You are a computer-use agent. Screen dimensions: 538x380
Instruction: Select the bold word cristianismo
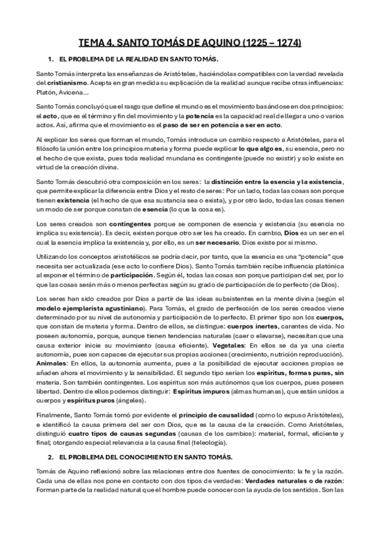(x=60, y=82)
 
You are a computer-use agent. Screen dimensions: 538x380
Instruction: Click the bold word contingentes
(x=129, y=224)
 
